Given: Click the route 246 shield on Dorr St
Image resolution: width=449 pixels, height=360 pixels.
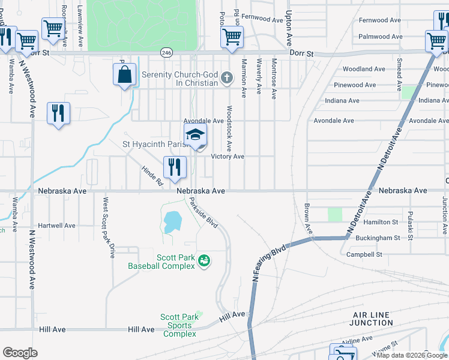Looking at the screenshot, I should click(x=164, y=53).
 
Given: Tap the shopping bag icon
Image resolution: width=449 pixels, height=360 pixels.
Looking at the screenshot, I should click(x=124, y=76).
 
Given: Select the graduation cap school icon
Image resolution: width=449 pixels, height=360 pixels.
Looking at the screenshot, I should click(x=195, y=136).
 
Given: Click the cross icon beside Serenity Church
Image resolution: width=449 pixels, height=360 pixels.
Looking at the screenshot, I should click(x=226, y=77).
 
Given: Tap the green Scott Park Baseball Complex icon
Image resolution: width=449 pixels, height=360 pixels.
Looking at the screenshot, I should click(x=204, y=260).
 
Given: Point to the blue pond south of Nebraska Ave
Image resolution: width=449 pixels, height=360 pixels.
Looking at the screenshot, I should click(x=170, y=222).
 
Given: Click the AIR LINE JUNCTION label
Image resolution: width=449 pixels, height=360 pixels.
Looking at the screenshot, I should click(x=371, y=319).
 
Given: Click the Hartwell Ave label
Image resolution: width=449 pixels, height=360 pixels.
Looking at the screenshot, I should click(x=56, y=226).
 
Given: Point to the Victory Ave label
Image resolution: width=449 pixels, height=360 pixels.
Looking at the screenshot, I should click(x=228, y=157).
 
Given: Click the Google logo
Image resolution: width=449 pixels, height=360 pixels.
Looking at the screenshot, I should click(x=20, y=353).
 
